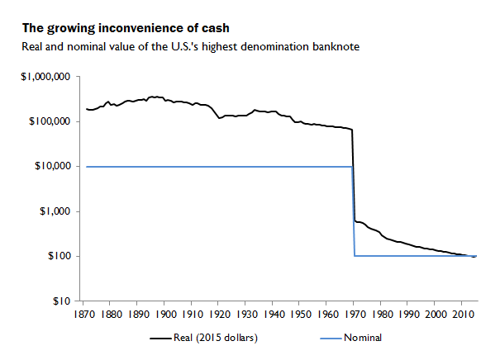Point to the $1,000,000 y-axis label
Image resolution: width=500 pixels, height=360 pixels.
point(45,77)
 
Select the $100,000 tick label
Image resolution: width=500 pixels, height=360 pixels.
point(50,121)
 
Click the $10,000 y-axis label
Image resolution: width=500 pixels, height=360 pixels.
point(52,166)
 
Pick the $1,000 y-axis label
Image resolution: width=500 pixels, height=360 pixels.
point(55,211)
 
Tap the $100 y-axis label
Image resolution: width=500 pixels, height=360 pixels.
point(59,256)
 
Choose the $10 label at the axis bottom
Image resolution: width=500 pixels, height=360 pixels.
point(61,301)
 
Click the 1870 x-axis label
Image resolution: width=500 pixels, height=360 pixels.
point(84,315)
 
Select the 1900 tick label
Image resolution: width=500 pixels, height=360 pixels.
point(165,315)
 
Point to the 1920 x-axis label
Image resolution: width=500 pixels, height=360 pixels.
point(220,315)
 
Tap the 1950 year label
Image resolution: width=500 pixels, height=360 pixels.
point(301,315)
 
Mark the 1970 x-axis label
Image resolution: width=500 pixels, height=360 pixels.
point(355,315)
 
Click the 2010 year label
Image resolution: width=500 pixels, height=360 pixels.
point(462,315)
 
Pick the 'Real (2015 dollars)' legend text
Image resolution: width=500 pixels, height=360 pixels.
point(216,338)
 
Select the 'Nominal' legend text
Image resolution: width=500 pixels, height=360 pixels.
point(363,338)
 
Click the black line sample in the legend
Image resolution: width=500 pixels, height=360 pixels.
point(160,339)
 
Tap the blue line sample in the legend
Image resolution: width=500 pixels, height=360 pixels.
point(331,339)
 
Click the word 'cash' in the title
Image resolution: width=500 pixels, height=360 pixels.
point(215,28)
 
